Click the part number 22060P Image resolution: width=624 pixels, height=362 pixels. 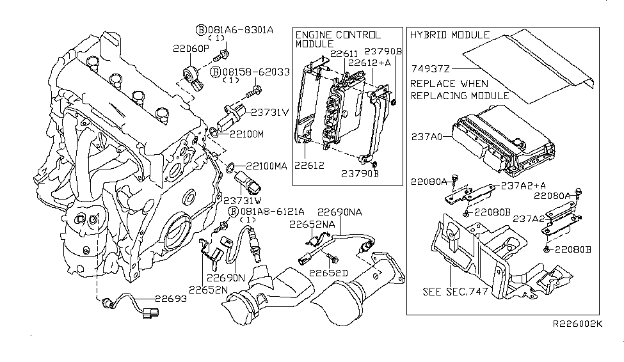pos(189,48)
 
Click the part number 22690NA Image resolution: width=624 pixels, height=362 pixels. pos(340,211)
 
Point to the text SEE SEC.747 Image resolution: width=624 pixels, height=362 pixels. pos(455,292)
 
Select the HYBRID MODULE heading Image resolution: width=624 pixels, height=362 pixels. pos(449,35)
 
